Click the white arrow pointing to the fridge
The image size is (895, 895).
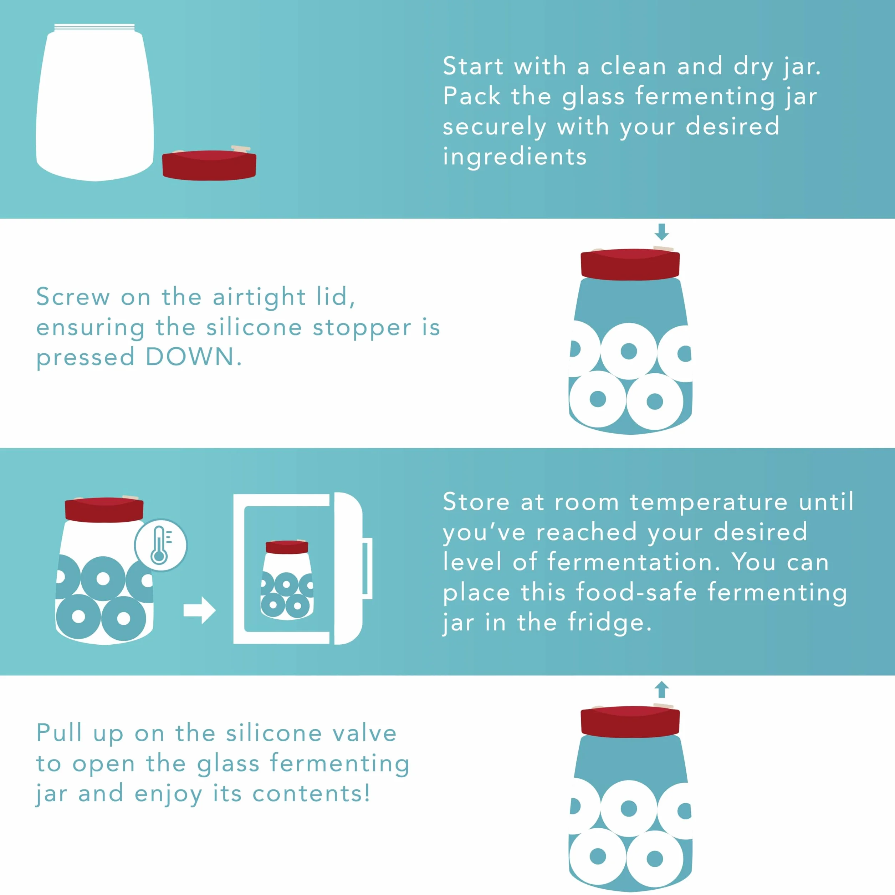(200, 610)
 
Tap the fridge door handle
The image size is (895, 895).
(367, 568)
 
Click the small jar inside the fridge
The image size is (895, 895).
(287, 580)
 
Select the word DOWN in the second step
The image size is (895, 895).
(190, 357)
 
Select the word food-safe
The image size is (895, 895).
(636, 592)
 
